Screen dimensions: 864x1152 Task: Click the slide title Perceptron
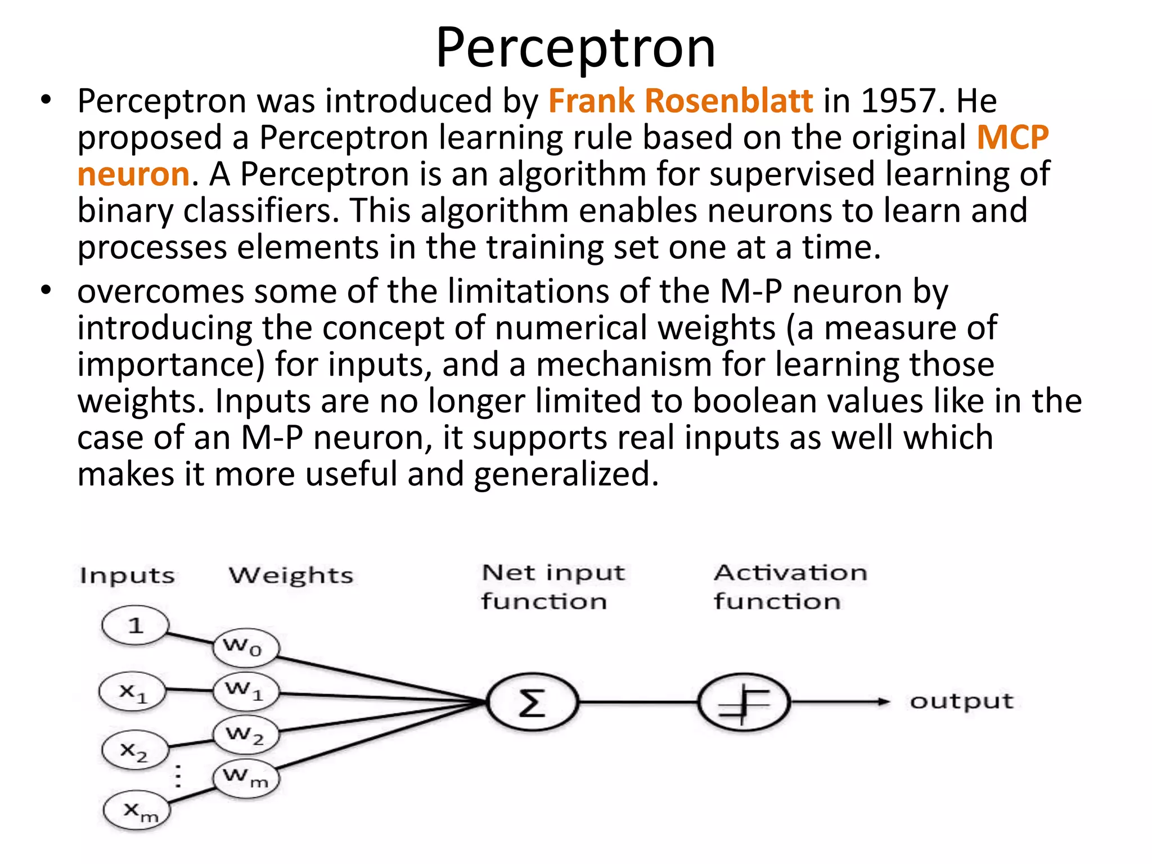click(575, 48)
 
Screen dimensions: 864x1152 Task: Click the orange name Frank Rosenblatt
click(680, 101)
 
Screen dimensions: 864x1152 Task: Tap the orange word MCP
click(1012, 138)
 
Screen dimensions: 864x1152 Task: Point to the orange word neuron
click(133, 174)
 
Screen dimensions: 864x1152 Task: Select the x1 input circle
click(133, 692)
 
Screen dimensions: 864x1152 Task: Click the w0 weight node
click(246, 647)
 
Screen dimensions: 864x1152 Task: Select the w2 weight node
click(246, 735)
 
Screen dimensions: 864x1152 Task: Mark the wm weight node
click(246, 778)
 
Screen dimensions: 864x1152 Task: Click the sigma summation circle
click(532, 702)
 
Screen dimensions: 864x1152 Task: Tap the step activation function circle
click(744, 702)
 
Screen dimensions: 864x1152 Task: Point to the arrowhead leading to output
click(884, 701)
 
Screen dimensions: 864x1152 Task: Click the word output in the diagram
click(961, 701)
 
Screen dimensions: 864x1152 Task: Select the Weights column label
click(291, 575)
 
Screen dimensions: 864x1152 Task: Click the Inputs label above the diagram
click(127, 575)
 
